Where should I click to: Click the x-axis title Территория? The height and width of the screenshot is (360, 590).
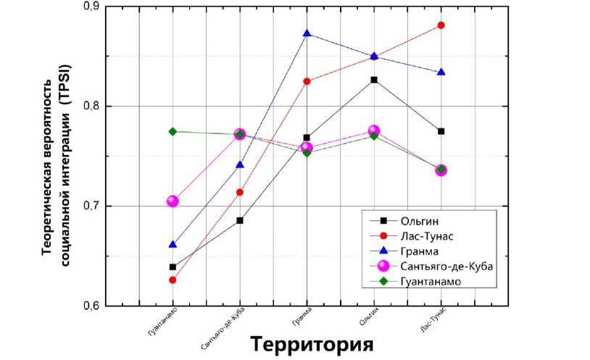pos(312,343)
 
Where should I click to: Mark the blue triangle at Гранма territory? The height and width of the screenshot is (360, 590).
pos(307,34)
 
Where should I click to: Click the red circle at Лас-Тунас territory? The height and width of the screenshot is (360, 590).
pos(441,25)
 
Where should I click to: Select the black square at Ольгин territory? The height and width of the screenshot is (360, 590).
pos(374,80)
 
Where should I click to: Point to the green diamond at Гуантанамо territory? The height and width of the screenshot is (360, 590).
pos(173,132)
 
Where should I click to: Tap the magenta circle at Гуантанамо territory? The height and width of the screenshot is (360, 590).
pos(173,201)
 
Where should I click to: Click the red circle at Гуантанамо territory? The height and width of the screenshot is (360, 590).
pos(173,280)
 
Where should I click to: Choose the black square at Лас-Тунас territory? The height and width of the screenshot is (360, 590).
pos(441,131)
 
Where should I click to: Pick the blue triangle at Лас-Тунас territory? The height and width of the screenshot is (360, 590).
pos(441,72)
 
